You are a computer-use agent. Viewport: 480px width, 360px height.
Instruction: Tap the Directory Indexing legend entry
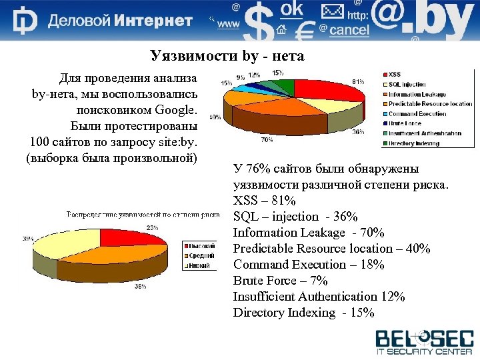pyautogui.click(x=413, y=143)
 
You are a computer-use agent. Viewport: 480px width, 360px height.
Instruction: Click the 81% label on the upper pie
pyautogui.click(x=358, y=81)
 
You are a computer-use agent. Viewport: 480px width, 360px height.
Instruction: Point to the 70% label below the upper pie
pyautogui.click(x=266, y=140)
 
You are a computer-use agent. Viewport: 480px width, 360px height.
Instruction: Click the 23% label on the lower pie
pyautogui.click(x=152, y=227)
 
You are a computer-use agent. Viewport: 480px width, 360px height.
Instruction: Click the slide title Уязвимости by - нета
pyautogui.click(x=227, y=56)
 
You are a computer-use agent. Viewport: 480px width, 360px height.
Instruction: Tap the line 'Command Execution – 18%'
pyautogui.click(x=308, y=264)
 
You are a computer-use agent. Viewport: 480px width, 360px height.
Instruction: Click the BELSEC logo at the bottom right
pyautogui.click(x=424, y=341)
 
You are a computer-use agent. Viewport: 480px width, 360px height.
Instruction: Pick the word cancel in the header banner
pyautogui.click(x=349, y=29)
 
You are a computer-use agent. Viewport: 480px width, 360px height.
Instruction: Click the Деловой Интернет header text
pyautogui.click(x=120, y=21)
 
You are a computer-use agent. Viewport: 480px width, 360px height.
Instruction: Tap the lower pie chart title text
pyautogui.click(x=143, y=215)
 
